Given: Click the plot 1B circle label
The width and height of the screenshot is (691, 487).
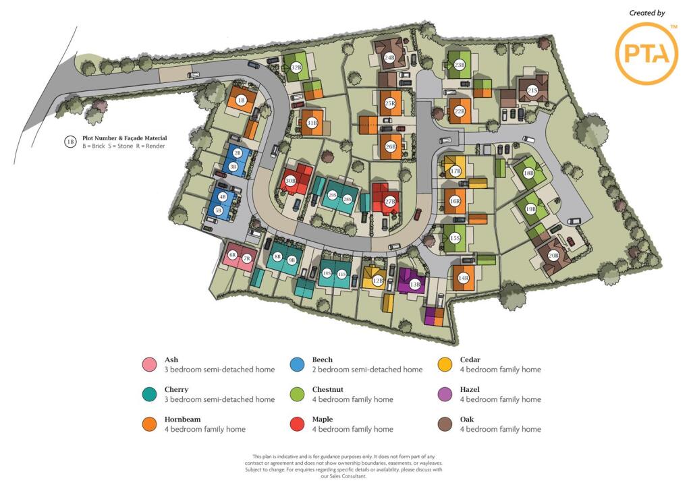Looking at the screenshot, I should pyautogui.click(x=241, y=101).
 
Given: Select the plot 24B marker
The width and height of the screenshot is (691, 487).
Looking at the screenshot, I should pyautogui.click(x=389, y=58).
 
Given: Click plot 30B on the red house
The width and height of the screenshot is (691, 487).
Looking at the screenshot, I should pyautogui.click(x=291, y=181).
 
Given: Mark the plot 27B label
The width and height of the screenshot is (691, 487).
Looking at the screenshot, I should pyautogui.click(x=390, y=202).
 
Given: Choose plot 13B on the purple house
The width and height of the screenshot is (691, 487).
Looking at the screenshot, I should pyautogui.click(x=414, y=285).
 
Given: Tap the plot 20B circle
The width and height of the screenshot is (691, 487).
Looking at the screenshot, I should pyautogui.click(x=553, y=255).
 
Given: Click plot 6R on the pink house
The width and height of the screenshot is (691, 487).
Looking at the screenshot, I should pyautogui.click(x=233, y=255).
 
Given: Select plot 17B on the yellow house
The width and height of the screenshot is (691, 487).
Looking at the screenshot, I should pyautogui.click(x=455, y=171).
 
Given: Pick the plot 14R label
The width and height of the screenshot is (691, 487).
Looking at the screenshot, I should pyautogui.click(x=464, y=278).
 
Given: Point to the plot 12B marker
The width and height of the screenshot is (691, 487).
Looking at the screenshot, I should pyautogui.click(x=378, y=281).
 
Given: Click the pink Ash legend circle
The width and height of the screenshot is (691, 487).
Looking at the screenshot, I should pyautogui.click(x=149, y=365).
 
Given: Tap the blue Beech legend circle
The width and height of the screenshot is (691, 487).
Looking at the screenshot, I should pyautogui.click(x=297, y=365).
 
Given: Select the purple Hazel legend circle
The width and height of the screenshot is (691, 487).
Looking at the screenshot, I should pyautogui.click(x=445, y=395).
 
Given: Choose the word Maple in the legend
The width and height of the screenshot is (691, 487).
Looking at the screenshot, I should pyautogui.click(x=323, y=420).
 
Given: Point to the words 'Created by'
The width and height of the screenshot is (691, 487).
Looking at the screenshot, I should pyautogui.click(x=646, y=13).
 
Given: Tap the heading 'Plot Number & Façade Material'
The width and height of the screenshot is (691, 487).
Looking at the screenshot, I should pyautogui.click(x=125, y=138).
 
